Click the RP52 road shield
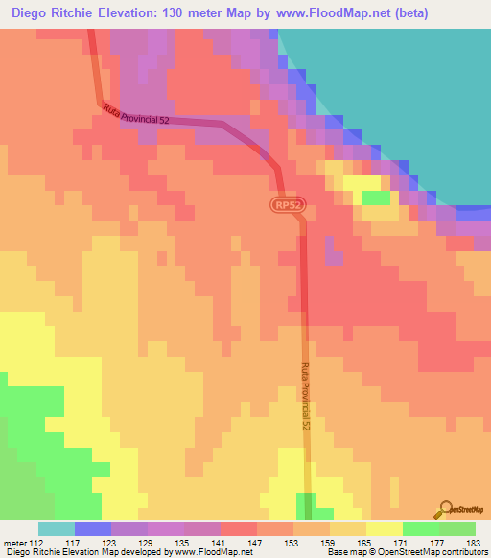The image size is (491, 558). click(286, 206)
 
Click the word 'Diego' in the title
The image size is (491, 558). click(31, 13)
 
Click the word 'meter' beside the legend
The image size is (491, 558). click(13, 542)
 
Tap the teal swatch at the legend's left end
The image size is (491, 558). click(56, 528)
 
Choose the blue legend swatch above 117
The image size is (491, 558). click(92, 528)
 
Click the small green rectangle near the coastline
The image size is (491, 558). click(376, 198)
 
